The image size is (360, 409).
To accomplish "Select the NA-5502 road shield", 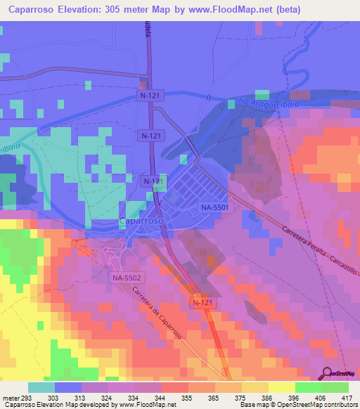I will point(127,278).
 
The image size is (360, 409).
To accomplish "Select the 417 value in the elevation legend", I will point(346,398).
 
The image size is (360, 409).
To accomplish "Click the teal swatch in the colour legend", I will point(41,387).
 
